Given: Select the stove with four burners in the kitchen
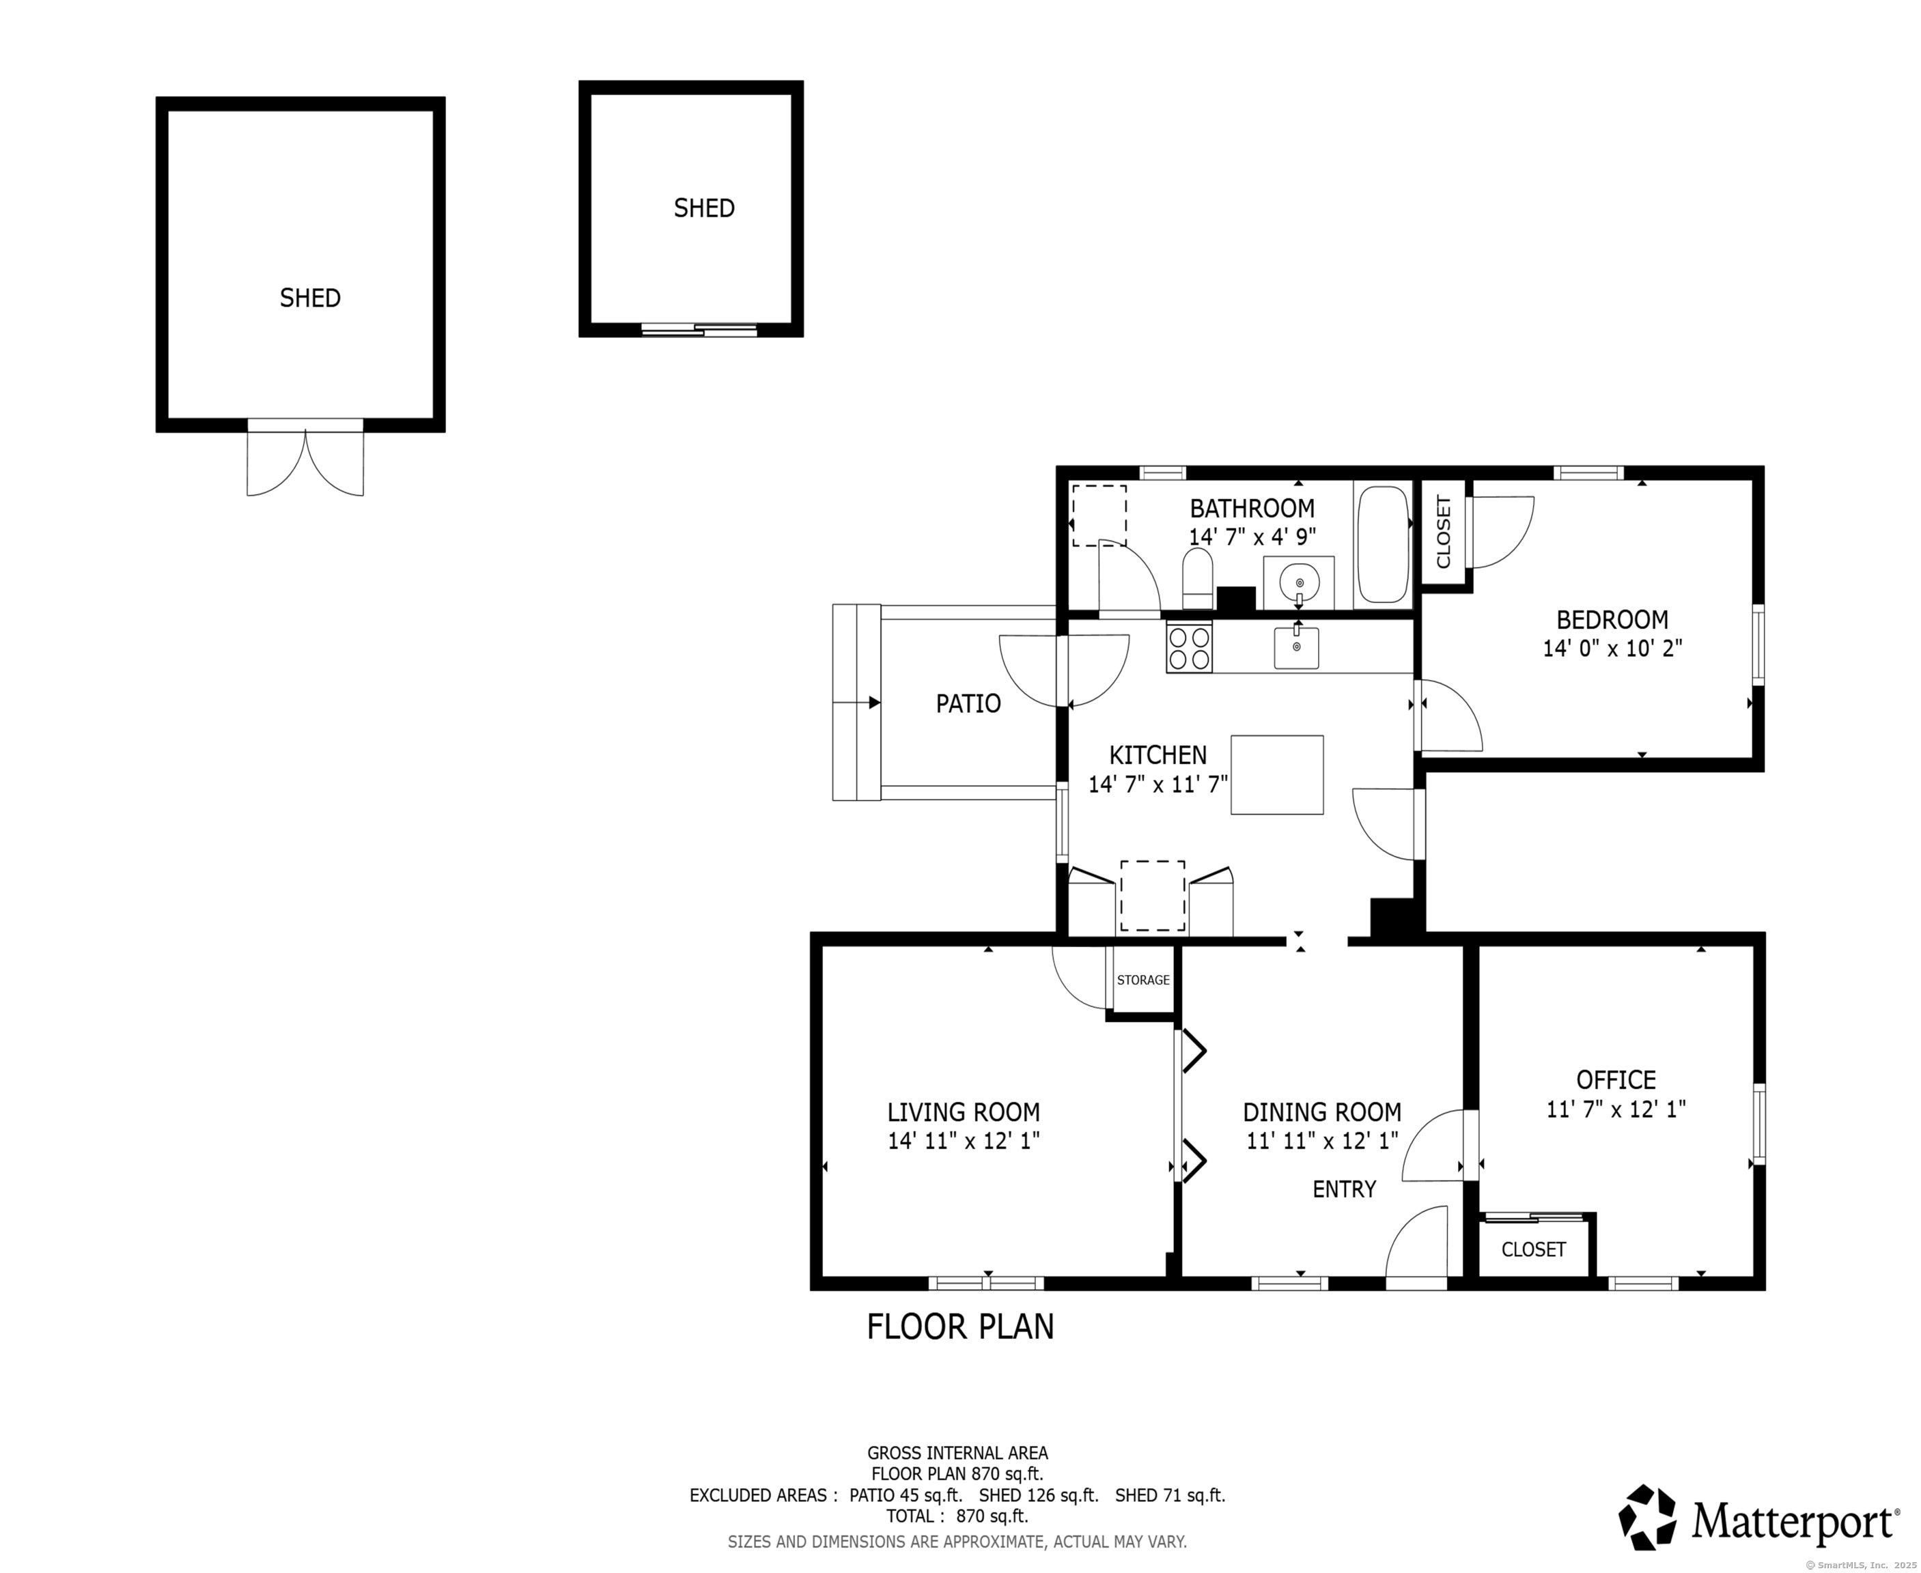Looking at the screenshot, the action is [1190, 647].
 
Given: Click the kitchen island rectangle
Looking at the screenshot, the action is [1277, 775].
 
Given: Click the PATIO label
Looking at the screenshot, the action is [968, 703].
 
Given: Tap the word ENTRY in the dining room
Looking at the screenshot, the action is [1344, 1189].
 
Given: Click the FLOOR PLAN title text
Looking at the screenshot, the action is [960, 1327].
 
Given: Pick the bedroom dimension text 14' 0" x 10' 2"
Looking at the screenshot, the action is [1612, 648].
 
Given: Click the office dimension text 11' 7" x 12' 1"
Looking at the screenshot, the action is [1616, 1109].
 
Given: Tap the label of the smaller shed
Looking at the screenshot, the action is [704, 208].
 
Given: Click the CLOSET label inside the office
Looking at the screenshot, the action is [1533, 1249].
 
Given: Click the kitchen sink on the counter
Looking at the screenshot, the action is [1295, 647].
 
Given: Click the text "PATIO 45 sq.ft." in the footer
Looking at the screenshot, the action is [906, 1495].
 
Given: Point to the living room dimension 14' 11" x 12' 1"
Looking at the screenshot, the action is [963, 1141].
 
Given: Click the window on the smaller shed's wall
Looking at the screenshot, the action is [699, 330].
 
